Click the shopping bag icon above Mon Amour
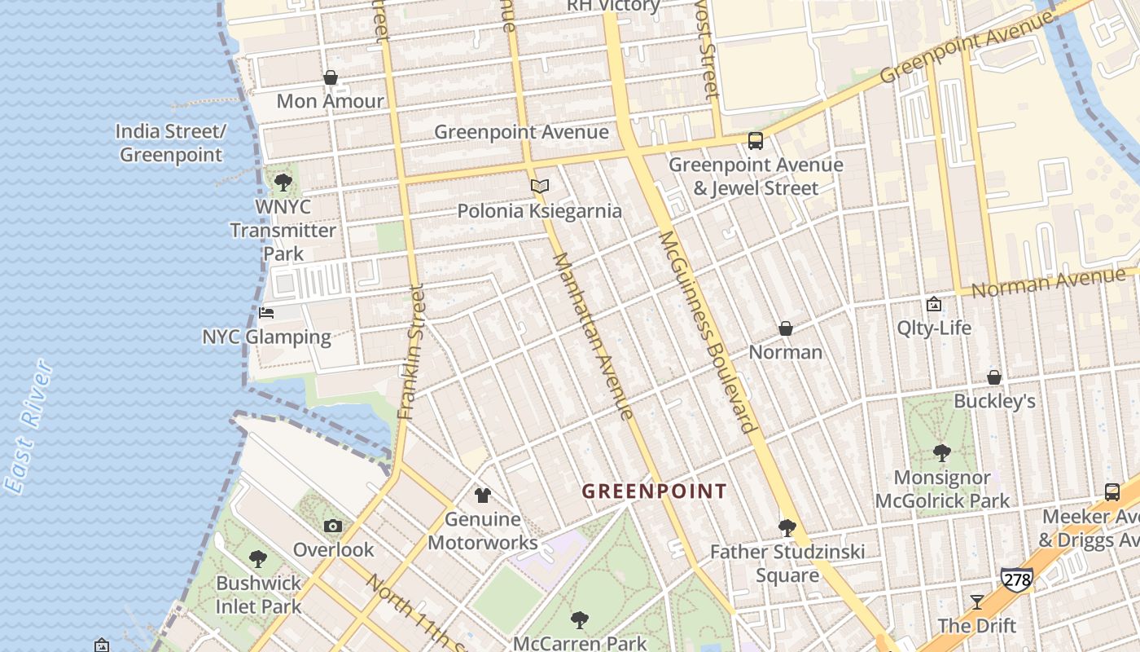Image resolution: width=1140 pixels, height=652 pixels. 331,77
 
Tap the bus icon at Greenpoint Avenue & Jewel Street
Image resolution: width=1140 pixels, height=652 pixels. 756,141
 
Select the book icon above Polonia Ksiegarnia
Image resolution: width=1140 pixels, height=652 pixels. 540,187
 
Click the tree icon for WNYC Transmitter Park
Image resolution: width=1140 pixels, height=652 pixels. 283,182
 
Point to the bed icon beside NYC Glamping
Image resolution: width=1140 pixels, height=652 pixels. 266,312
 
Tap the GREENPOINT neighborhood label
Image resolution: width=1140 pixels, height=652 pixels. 654,491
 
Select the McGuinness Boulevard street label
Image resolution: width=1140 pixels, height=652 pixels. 705,331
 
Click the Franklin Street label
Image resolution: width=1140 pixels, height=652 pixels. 412,351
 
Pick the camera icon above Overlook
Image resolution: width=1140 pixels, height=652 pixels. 332,526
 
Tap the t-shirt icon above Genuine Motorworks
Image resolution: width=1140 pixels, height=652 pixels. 483,495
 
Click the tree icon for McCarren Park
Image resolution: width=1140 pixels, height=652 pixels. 580,620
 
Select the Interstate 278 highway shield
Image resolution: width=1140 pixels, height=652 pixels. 1016,580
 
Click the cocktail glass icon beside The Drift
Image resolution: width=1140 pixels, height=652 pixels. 977,601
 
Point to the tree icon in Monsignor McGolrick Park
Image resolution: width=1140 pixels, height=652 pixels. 942,452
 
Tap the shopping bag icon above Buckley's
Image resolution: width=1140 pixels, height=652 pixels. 994,377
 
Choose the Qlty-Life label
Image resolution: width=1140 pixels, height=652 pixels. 934,328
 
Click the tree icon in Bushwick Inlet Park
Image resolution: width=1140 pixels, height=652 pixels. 258,559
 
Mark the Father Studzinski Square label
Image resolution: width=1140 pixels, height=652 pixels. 787,563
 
